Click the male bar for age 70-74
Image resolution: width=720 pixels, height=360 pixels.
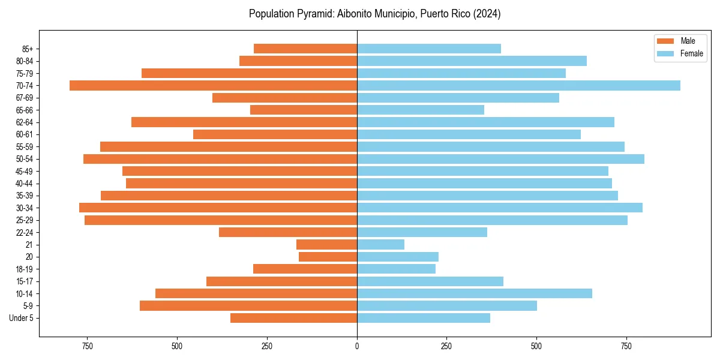pos(213,85)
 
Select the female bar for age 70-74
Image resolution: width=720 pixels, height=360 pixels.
pos(518,85)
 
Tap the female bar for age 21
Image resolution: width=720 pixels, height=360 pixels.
pos(380,245)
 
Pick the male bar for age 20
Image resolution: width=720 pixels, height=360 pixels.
pos(328,257)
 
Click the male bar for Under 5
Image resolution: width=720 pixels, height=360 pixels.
pos(293,318)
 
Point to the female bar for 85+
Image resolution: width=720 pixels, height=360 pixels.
pos(428,49)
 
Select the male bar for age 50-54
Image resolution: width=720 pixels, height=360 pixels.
pos(220,159)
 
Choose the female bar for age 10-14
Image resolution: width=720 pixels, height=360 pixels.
pos(474,293)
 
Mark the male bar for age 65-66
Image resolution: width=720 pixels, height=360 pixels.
pos(303,110)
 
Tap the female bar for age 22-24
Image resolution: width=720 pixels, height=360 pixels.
pos(422,232)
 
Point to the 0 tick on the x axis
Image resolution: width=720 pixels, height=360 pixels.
pos(357,347)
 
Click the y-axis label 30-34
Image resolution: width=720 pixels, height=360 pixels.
pos(25,208)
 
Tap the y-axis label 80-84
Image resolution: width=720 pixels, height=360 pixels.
pos(25,61)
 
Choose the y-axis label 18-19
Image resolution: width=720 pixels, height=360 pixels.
pos(25,269)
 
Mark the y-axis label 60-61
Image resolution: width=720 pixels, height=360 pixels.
pos(25,134)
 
